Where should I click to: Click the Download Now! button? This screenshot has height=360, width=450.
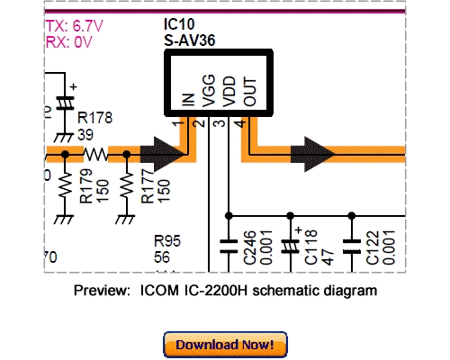pos(225,344)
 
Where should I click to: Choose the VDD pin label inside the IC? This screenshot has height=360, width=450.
pos(229,92)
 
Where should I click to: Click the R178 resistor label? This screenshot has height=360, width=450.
pos(94,117)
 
